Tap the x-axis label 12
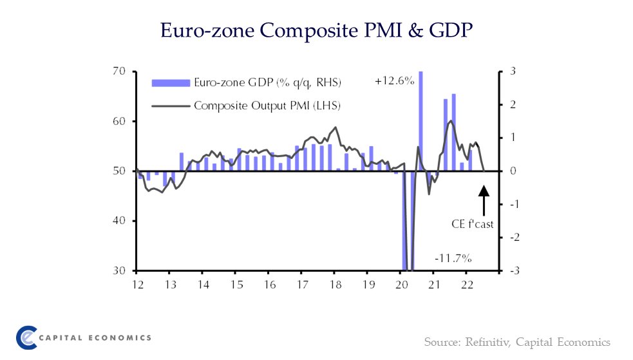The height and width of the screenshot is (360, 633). (137, 284)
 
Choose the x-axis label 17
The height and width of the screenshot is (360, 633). (301, 284)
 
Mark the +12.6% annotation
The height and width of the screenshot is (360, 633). (393, 82)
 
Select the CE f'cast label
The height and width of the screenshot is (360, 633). (472, 224)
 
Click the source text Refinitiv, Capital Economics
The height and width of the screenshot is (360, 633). (516, 341)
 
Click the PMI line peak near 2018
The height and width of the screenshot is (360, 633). (335, 128)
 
